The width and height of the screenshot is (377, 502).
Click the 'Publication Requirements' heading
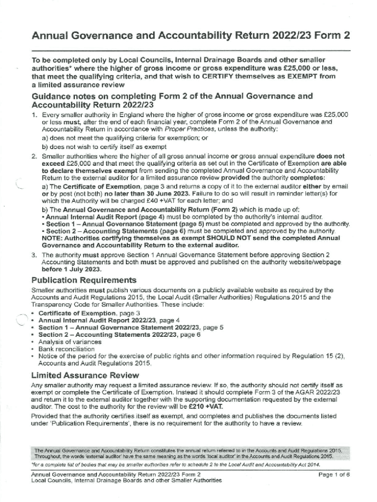[84, 280]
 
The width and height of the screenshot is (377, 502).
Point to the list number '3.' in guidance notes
[34, 255]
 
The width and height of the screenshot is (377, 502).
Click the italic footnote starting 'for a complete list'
[176, 464]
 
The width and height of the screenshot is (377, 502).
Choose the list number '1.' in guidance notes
[34, 115]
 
